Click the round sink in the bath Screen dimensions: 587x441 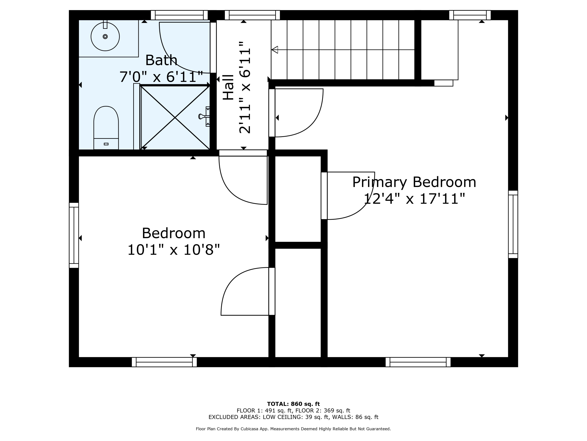105,36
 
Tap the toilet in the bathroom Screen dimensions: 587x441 106,128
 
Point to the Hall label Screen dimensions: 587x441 228,87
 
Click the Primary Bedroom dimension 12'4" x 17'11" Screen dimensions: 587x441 414,199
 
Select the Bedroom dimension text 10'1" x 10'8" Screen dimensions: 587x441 174,250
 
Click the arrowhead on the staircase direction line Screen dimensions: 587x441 275,50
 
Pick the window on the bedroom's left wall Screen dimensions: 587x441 74,235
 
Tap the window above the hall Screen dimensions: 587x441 252,15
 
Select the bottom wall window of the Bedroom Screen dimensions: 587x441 164,362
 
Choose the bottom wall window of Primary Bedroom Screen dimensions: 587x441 418,362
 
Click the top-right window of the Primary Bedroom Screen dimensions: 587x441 470,15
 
